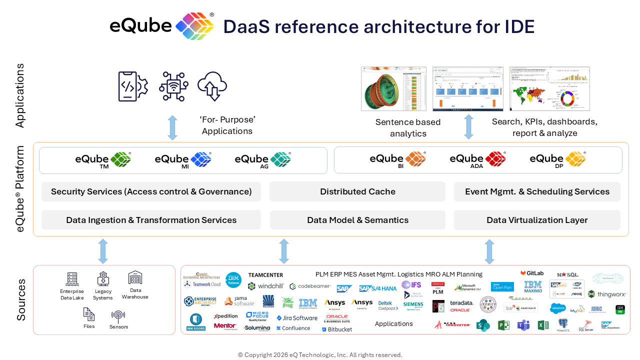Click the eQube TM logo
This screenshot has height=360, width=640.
coord(103,159)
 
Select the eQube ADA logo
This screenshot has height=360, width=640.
coord(477,159)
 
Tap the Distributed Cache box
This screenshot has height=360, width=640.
coord(357,191)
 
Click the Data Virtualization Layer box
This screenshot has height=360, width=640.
coord(537,220)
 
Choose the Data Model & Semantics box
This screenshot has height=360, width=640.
coord(357,220)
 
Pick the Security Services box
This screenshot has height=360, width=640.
coord(151,191)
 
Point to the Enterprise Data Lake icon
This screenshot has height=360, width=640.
coord(72,279)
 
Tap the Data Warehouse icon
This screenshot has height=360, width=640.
coord(135,278)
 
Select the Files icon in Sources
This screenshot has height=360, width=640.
coord(89,314)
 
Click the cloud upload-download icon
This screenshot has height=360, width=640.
coord(212,86)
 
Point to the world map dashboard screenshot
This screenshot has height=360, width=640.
coord(549,88)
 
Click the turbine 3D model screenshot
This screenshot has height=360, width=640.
coord(393,88)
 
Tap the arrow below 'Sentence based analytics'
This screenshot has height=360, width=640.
coord(468,126)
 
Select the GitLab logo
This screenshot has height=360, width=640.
coord(532,273)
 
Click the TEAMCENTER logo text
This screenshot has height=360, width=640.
coord(265,275)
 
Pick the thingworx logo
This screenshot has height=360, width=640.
coord(606,294)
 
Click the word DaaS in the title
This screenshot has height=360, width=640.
coord(246,26)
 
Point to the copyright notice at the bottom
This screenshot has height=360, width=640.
coord(320,355)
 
